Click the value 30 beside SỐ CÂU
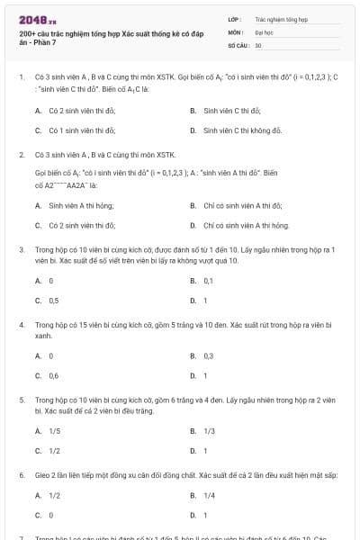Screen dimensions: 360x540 [x=258, y=44]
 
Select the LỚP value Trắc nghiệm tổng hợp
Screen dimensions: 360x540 [x=281, y=18]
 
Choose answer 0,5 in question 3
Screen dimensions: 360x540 [x=54, y=301]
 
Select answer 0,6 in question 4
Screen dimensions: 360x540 [x=54, y=375]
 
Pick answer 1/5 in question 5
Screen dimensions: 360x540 [x=54, y=431]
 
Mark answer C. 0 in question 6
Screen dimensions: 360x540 [x=51, y=515]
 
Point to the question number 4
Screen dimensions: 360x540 [x=22, y=322]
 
